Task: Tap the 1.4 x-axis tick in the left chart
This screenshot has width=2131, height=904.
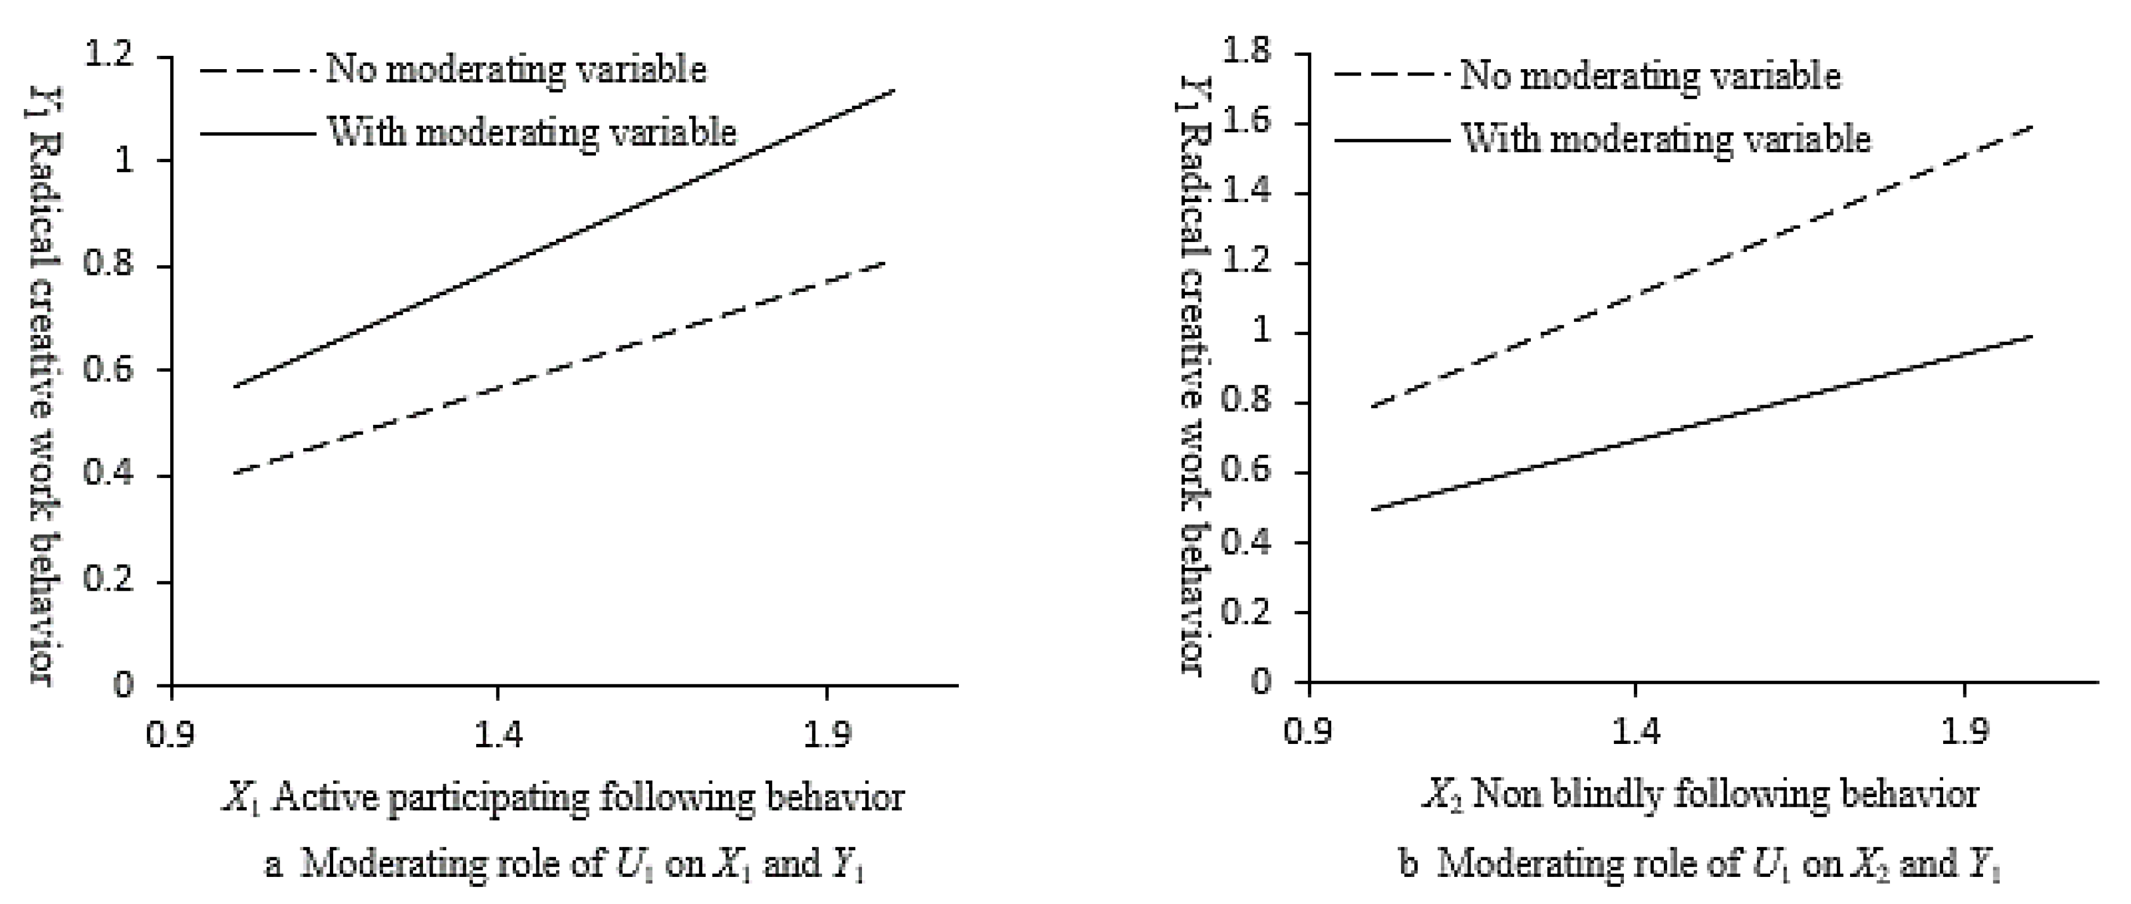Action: (498, 734)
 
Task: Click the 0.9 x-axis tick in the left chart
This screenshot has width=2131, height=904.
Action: (170, 734)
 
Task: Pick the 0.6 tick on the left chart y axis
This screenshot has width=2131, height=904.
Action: (109, 370)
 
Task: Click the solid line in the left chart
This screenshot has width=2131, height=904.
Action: (562, 240)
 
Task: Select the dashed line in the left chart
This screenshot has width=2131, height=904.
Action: (562, 367)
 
